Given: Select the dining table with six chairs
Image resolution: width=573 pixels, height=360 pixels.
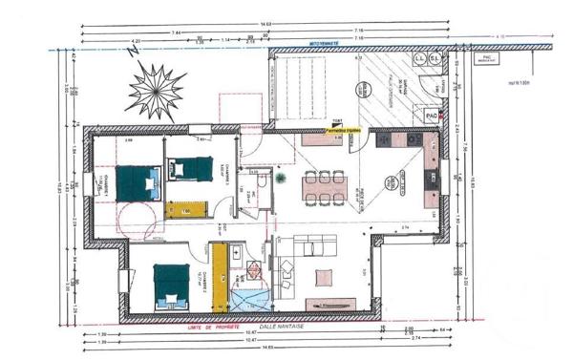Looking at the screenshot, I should [x=323, y=186].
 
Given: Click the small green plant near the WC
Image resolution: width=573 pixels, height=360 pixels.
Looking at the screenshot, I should [x=279, y=177].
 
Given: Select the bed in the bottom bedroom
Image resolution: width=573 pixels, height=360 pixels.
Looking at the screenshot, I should [x=173, y=286].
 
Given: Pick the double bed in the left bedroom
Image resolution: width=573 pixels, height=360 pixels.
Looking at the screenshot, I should [x=136, y=180].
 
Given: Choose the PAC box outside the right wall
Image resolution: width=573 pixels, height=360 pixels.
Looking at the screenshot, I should [x=490, y=58].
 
